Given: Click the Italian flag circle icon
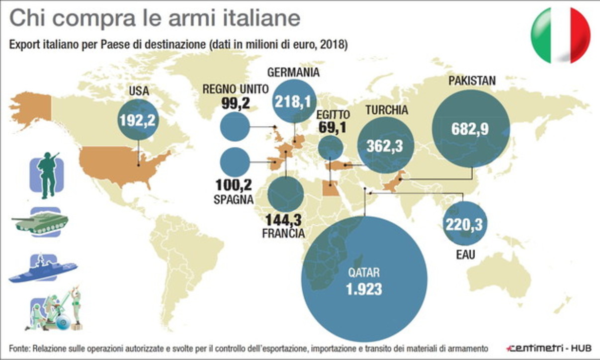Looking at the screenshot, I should coord(560,35).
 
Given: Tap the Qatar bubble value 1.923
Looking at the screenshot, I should coord(364,289).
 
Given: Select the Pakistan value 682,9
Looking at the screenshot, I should coord(470,129).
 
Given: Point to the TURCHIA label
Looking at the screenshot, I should coord(386,110).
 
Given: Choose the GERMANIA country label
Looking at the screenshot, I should coord(293,72).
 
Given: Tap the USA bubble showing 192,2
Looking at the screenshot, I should coord(139,119).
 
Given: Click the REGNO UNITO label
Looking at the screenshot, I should coord(236,89).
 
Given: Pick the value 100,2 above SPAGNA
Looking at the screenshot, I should coord(234,185).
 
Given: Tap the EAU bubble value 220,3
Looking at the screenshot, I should coord(464,224).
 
